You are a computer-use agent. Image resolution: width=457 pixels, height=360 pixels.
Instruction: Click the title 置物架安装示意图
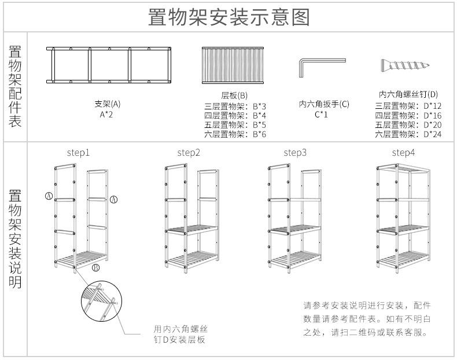tap(228, 17)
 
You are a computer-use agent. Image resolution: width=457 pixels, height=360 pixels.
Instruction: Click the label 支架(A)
tap(108, 104)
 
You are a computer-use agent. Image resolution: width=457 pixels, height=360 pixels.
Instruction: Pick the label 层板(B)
tap(235, 95)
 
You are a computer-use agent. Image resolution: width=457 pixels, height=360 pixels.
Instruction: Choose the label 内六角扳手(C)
tap(324, 104)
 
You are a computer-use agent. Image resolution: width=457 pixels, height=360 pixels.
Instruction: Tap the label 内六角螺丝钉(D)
tap(408, 94)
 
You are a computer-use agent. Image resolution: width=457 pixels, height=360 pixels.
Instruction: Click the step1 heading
tap(78, 153)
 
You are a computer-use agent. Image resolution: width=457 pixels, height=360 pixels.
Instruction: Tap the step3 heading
tap(295, 153)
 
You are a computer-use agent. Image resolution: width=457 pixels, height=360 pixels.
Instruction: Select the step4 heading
tap(403, 153)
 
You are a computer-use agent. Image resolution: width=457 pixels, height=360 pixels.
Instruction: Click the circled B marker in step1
tap(96, 267)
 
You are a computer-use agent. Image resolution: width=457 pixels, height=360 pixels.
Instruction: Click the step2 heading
tap(189, 153)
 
